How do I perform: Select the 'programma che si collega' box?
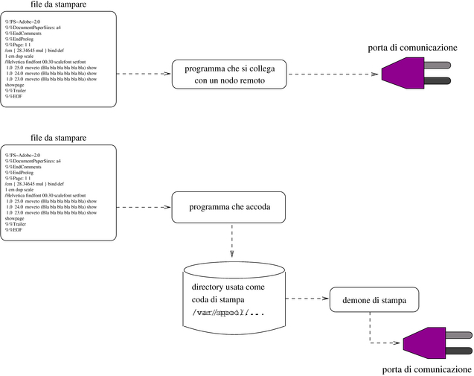[229, 74]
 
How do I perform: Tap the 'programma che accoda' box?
[229, 206]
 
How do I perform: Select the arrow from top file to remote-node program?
[144, 74]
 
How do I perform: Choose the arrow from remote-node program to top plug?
[333, 74]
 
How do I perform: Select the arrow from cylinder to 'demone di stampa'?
[306, 299]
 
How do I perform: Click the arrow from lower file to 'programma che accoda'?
[144, 206]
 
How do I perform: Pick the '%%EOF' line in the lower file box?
[15, 230]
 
